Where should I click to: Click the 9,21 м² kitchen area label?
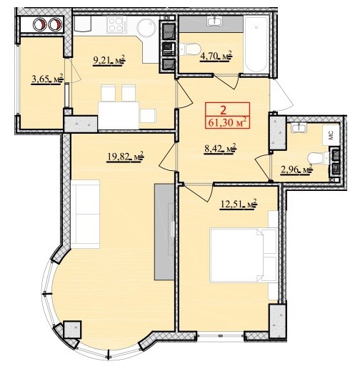point(109,59)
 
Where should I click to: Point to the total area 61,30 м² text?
point(227,123)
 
